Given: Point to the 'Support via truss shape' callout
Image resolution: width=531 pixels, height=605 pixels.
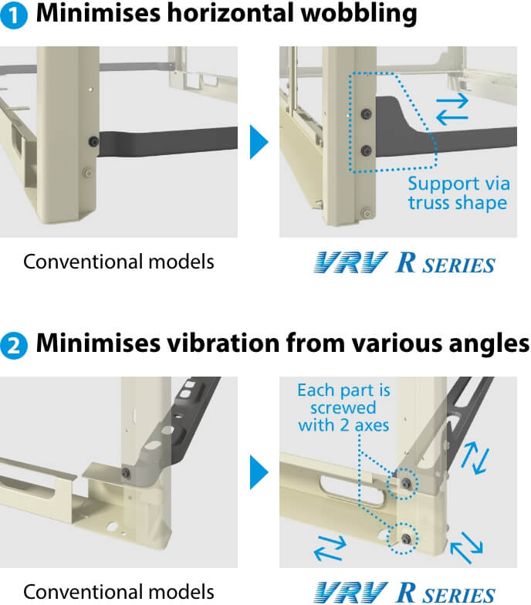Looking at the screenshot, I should coord(458,194).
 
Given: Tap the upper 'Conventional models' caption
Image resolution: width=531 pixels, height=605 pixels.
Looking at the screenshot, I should coord(118,262).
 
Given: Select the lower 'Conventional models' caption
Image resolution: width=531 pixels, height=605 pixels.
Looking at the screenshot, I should coord(118,592).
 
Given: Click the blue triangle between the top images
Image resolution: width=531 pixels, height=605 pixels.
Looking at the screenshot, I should coord(259,142).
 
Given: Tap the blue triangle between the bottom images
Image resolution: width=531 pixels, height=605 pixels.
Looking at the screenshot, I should coord(259,472).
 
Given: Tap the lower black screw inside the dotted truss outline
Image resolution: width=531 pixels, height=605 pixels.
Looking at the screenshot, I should coord(366,148).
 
